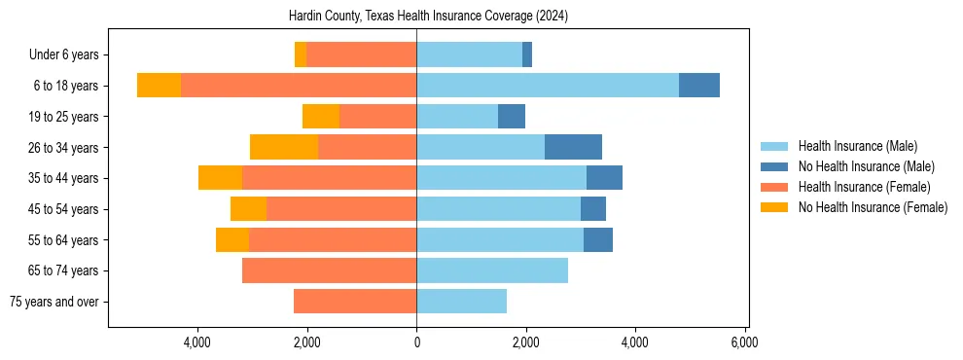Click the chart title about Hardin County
click(x=428, y=17)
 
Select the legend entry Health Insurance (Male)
click(x=857, y=146)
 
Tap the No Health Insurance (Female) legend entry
click(x=873, y=207)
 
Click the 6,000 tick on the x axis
click(x=744, y=342)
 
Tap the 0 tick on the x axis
click(x=416, y=342)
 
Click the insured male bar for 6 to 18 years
click(x=548, y=86)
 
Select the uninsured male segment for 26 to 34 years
click(x=573, y=147)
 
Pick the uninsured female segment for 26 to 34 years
click(x=284, y=147)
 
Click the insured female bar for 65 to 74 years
click(x=329, y=270)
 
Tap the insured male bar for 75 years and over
click(x=461, y=302)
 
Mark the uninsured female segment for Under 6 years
click(x=301, y=55)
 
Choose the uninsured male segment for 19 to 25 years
click(x=512, y=117)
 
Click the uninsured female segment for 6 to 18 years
click(x=159, y=86)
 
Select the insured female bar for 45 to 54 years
click(x=341, y=209)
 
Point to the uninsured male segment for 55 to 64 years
click(x=598, y=239)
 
